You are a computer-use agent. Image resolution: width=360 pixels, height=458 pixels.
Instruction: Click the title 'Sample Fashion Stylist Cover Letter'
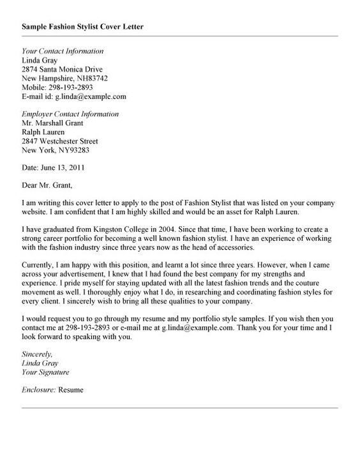point(83,27)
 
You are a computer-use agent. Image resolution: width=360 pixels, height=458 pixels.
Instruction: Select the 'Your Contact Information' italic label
point(63,51)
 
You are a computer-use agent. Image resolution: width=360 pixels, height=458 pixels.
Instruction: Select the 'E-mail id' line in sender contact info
point(74,97)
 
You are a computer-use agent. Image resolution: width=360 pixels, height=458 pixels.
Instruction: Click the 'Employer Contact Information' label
point(70,114)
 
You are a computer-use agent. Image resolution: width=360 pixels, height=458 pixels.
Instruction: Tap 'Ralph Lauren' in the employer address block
point(43,132)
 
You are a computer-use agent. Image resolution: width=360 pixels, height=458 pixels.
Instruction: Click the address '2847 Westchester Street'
point(60,141)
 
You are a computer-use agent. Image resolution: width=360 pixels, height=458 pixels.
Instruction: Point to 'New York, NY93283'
point(56,151)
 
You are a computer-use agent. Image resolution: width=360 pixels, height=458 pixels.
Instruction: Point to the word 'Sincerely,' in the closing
point(36,353)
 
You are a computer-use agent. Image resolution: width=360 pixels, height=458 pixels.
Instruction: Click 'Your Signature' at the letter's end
point(45,371)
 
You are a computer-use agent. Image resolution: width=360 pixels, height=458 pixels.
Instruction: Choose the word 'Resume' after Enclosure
point(71,389)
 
